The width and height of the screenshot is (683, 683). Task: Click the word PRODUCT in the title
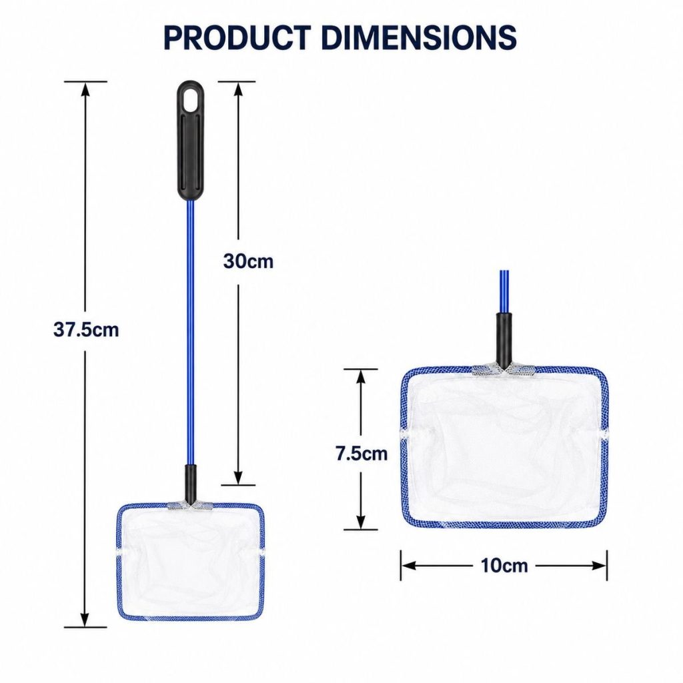237,37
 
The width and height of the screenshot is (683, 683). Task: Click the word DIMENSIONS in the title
419,37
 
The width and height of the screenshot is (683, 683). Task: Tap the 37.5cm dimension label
86,329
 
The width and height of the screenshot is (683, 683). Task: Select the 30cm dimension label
248,261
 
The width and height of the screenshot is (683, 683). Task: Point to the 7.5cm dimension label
362,454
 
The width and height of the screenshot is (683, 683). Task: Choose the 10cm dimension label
504,566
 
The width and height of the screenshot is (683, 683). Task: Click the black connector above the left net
190,484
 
